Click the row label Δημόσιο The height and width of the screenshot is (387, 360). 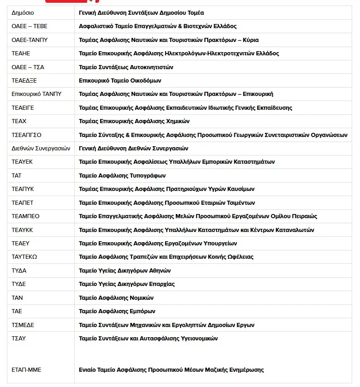point(23,13)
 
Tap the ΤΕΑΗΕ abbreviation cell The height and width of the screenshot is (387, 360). point(21,54)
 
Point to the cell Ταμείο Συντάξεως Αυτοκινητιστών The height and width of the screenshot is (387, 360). point(126,67)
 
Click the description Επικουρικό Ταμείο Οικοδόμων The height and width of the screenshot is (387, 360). point(120,81)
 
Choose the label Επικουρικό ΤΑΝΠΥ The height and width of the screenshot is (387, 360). point(36,94)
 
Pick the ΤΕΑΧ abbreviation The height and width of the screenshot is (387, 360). point(19,121)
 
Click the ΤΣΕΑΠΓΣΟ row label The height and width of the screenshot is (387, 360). point(26,135)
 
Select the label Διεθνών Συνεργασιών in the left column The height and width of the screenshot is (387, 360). point(41,149)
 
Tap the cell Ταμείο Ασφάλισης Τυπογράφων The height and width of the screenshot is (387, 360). point(122,176)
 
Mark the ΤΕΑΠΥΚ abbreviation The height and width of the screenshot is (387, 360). point(23,189)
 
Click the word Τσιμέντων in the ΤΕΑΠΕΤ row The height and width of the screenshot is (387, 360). point(239,203)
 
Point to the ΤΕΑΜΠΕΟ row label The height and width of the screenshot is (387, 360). point(25,216)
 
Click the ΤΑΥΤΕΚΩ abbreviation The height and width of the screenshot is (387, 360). point(24,257)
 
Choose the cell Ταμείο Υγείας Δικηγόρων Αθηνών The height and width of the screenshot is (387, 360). point(125,270)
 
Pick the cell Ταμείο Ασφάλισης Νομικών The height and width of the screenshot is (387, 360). point(116,298)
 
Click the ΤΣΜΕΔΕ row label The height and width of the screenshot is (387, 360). point(23,325)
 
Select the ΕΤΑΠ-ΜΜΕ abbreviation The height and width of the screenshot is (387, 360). point(26,370)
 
